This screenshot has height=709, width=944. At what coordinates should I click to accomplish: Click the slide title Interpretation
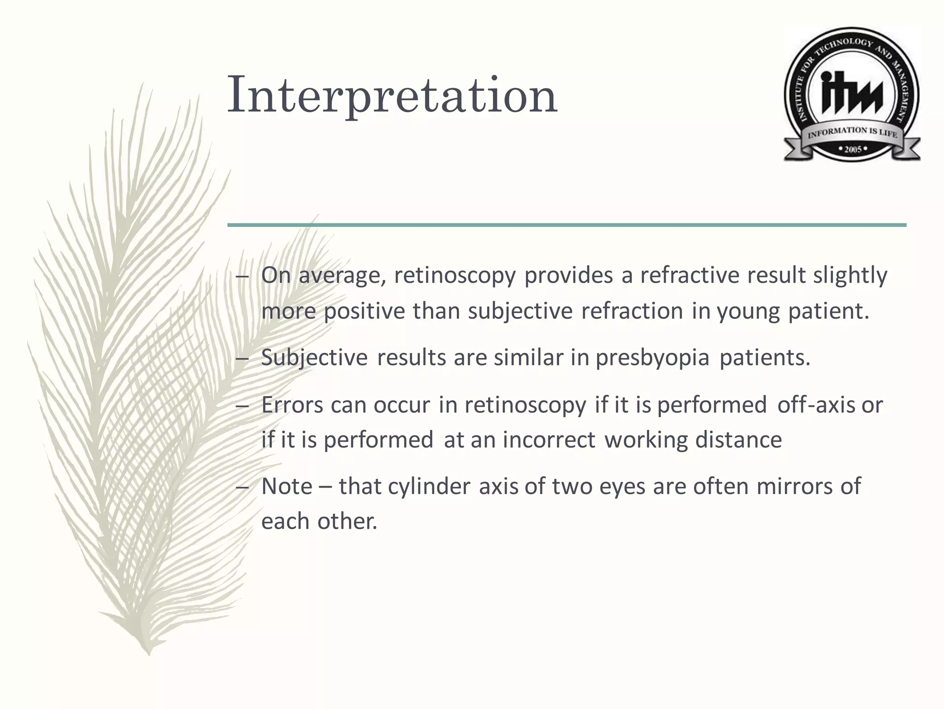pos(392,95)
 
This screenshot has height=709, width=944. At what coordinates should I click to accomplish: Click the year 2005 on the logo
pos(853,149)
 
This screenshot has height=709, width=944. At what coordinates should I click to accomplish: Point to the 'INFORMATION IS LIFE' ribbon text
pos(852,132)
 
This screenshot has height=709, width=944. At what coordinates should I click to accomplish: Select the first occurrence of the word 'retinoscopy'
pos(454,275)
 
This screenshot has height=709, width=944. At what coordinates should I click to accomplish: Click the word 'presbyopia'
pos(652,358)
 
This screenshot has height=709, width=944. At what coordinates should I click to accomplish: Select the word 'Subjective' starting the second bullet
pos(314,358)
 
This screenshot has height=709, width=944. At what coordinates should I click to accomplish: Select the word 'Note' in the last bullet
pos(287,486)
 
